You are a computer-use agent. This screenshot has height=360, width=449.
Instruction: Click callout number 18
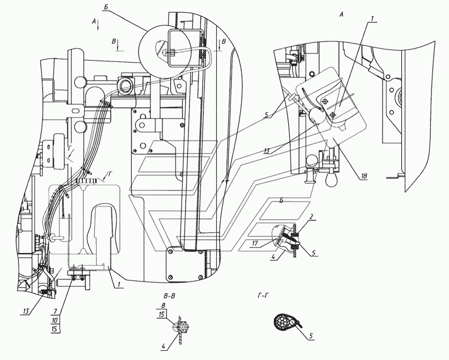(x=364, y=176)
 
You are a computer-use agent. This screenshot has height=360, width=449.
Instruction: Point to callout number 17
(x=255, y=244)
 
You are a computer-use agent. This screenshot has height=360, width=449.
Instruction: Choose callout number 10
(x=55, y=320)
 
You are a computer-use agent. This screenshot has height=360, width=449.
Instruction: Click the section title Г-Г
(x=263, y=296)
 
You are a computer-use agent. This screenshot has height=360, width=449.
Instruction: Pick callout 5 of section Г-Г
(x=311, y=336)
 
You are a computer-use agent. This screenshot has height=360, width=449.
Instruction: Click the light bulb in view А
(x=332, y=179)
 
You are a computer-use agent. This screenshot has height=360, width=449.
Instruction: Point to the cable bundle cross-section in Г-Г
(x=283, y=323)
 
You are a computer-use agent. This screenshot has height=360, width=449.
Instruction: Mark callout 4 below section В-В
(x=164, y=346)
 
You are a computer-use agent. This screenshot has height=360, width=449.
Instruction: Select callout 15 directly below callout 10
(x=55, y=329)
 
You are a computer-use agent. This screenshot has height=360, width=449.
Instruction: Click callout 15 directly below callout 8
(x=162, y=314)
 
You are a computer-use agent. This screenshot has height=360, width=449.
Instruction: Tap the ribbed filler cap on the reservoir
(x=86, y=181)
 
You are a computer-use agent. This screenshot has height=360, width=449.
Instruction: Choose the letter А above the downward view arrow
(x=94, y=21)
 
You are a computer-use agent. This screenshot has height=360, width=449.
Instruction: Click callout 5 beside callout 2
(x=313, y=253)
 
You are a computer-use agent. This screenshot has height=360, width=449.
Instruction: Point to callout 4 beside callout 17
(x=273, y=257)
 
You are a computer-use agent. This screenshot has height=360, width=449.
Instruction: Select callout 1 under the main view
(x=119, y=285)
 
